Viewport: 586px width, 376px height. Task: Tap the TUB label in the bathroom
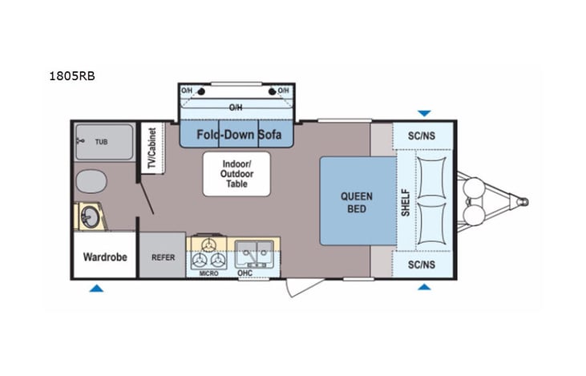click(101, 141)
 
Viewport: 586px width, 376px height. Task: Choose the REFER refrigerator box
click(163, 257)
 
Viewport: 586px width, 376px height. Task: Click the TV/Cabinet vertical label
click(150, 148)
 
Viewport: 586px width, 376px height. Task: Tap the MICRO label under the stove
click(209, 273)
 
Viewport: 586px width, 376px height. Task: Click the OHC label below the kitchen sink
click(245, 273)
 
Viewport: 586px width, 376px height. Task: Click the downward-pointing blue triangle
click(424, 113)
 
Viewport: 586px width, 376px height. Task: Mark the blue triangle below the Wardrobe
click(96, 287)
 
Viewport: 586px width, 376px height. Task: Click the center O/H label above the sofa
click(236, 107)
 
